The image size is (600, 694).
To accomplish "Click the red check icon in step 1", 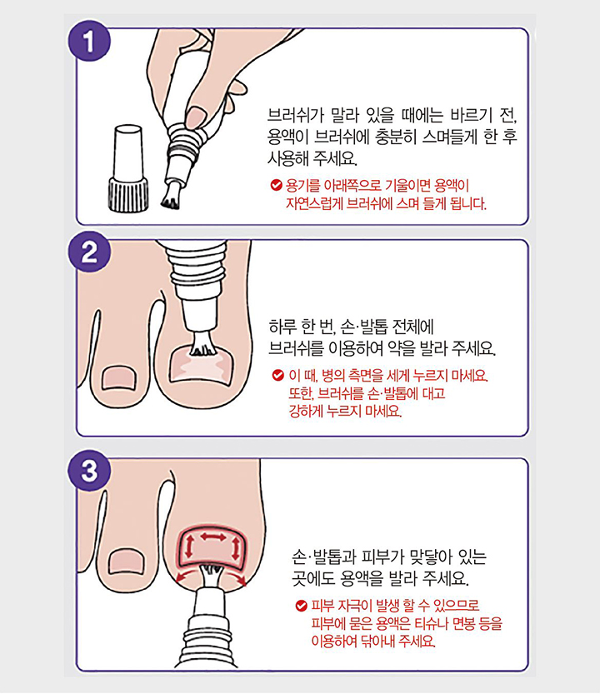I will pos(276,184).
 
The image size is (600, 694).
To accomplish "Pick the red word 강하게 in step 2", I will pos(305,412).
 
